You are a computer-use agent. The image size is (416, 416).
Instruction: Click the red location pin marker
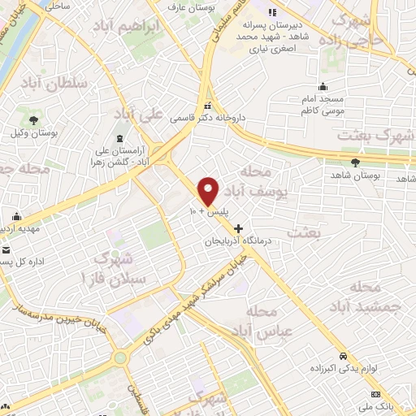pyautogui.click(x=208, y=190)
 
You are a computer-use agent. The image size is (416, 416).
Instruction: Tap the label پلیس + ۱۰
pyautogui.click(x=208, y=211)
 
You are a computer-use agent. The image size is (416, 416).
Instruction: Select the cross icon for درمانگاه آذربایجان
pyautogui.click(x=237, y=230)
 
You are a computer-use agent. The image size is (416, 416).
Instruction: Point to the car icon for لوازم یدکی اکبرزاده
pyautogui.click(x=344, y=357)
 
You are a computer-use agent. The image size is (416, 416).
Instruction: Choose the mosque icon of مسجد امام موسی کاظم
pyautogui.click(x=323, y=87)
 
